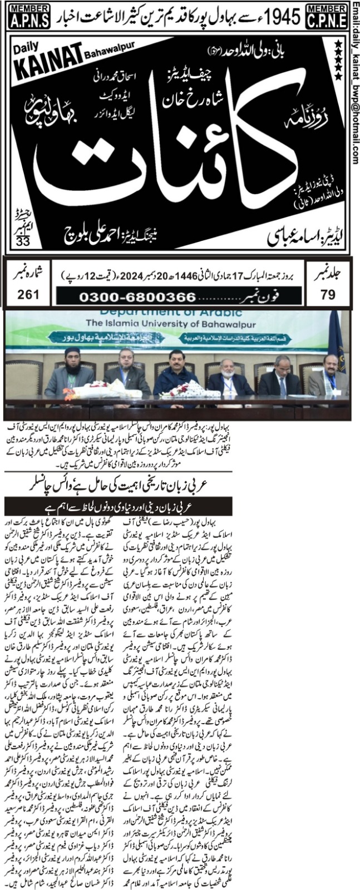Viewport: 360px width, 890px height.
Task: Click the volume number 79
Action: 328,295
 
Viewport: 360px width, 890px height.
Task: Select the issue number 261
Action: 25,295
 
